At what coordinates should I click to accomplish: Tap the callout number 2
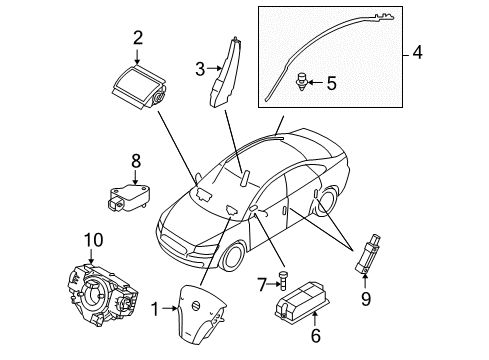click(x=138, y=37)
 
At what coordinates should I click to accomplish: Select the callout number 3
click(x=199, y=68)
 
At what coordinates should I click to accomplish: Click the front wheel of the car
click(x=233, y=256)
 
